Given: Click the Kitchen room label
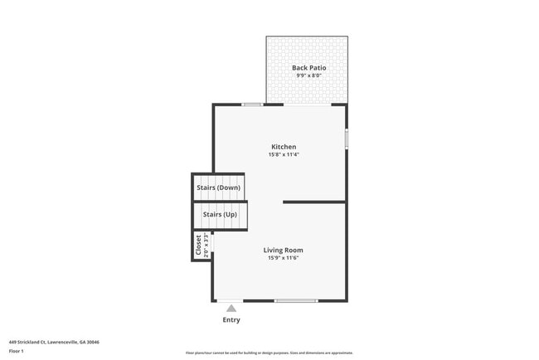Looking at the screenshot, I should tap(283, 147).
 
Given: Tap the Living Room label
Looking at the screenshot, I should tap(283, 250).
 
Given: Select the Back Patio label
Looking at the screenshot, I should tap(308, 67).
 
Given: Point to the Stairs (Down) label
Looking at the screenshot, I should tap(219, 187).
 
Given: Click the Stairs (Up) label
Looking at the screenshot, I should tap(220, 215).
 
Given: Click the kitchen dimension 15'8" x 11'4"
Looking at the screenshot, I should tap(283, 155).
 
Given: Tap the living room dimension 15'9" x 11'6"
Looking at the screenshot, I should tap(283, 258).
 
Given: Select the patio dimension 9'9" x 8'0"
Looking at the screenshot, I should tap(308, 75).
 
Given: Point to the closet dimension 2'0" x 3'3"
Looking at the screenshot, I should tap(206, 246).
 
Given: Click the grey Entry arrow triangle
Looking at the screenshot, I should tap(231, 309).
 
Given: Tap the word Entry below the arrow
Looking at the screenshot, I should tap(231, 320).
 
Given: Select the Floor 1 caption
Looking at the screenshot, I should tap(17, 351).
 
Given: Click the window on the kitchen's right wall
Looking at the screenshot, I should tap(347, 137).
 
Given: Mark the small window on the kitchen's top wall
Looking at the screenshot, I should tap(252, 105).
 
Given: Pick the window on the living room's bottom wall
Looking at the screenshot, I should tap(296, 300).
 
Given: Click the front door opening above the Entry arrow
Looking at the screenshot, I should tap(229, 300).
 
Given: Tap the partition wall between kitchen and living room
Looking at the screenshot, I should tap(314, 202).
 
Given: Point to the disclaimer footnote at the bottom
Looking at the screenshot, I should tap(269, 353).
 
